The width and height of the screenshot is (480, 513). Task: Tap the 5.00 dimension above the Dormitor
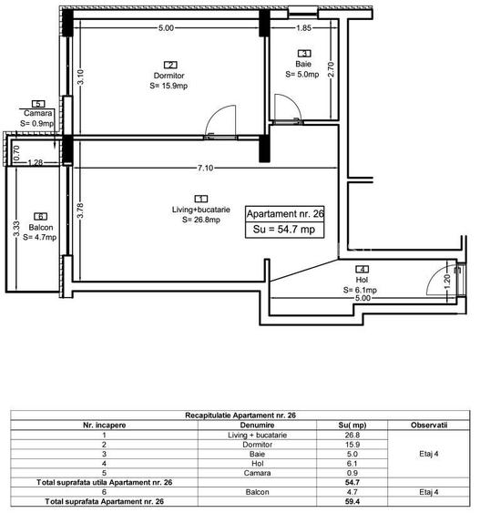click(x=166, y=28)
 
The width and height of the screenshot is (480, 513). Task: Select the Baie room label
click(x=303, y=64)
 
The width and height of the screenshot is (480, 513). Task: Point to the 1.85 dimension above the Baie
click(x=304, y=28)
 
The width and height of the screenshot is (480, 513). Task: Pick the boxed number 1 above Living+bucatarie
click(x=199, y=198)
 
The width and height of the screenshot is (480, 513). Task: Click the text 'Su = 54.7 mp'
click(x=285, y=231)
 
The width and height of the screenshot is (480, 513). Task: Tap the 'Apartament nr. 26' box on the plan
click(x=285, y=214)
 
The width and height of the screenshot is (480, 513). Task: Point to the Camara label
click(x=38, y=113)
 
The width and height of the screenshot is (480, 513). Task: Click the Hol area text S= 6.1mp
click(x=361, y=290)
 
